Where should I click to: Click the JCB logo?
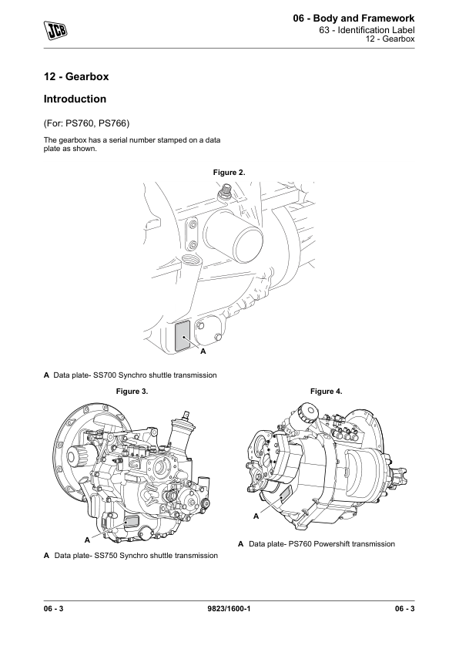point(55,30)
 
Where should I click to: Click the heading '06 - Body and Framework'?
point(353,18)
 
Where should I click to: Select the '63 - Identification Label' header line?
point(367,30)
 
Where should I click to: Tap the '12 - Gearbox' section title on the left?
point(76,76)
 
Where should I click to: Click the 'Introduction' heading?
point(75,99)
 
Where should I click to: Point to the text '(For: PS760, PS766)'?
point(86,123)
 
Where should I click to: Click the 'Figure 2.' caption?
point(229,173)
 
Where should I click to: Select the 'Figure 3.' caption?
point(132,391)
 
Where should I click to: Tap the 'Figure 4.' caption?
point(327,391)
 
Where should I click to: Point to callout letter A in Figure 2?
point(203,351)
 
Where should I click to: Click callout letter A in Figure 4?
point(256,516)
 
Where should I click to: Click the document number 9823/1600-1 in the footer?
point(229,608)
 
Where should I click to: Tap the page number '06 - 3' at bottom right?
point(404,608)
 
